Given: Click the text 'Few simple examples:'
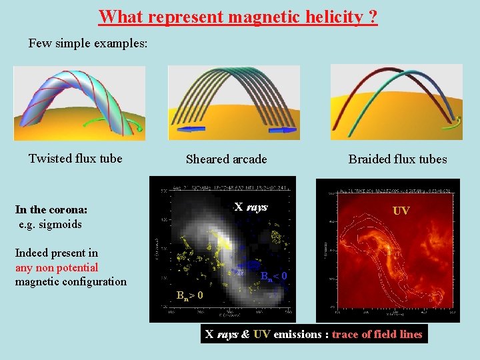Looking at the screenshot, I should click(88, 43).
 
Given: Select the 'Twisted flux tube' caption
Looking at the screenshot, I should click(75, 159).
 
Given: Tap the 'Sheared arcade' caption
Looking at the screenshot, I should click(226, 159).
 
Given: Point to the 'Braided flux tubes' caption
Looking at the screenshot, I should click(397, 159).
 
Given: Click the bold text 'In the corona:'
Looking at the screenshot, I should click(51, 210).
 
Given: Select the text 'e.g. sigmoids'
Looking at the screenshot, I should click(50, 224).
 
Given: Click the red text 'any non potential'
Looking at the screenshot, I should click(57, 267).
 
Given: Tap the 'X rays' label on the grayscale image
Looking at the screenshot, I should click(251, 207).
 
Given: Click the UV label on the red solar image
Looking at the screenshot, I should click(401, 211).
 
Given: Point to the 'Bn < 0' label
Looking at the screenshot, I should click(274, 276).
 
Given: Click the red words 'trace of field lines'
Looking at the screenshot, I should click(377, 335).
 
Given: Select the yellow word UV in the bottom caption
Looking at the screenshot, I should click(262, 335).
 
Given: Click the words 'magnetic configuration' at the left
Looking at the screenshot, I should click(71, 281).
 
